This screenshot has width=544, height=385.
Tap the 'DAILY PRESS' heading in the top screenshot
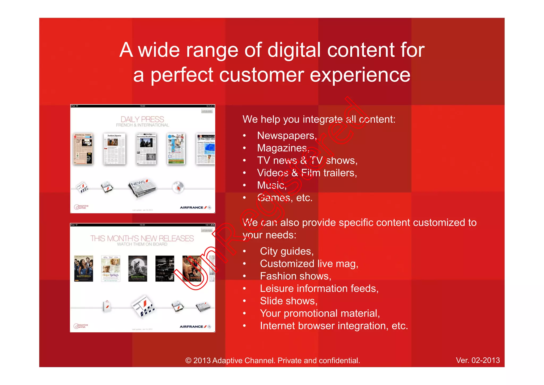(142, 119)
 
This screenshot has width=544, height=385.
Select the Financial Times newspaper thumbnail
(83, 149)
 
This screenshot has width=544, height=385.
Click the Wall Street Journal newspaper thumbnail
(206, 149)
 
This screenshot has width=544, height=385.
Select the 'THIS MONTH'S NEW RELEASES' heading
(142, 238)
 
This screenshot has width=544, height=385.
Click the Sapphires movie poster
(84, 268)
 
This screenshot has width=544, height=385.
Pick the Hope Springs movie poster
(111, 268)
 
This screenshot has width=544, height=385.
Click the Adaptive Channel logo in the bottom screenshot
(81, 326)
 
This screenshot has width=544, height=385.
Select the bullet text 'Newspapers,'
(287, 136)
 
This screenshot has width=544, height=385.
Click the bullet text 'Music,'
(272, 185)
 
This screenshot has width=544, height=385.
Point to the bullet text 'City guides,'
(287, 251)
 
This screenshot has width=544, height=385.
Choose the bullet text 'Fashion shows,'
(295, 276)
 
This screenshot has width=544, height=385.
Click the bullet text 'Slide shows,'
(288, 301)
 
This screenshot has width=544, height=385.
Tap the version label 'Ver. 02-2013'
(478, 360)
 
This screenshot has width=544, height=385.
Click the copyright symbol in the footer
(188, 361)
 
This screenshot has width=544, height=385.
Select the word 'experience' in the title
(360, 75)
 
